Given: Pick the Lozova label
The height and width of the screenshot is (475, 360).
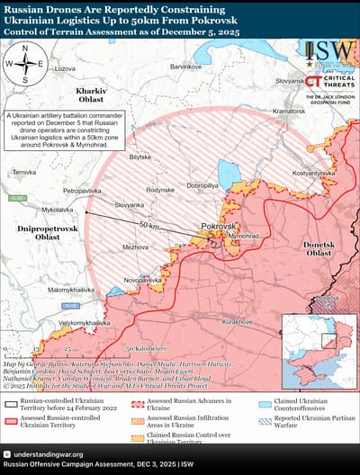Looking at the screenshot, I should click(x=65, y=68).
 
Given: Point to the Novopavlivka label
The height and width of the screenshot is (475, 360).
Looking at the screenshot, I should click(x=142, y=280).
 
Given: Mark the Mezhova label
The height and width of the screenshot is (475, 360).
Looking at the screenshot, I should click(x=136, y=246).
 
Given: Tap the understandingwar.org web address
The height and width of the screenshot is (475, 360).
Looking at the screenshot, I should click(x=49, y=454).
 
